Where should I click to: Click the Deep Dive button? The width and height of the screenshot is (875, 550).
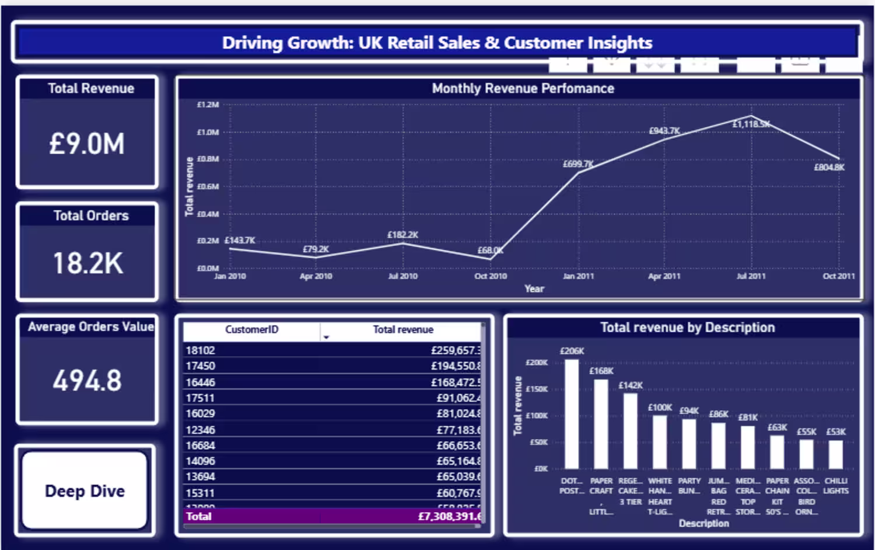85,491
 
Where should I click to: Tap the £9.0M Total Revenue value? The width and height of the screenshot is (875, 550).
87,144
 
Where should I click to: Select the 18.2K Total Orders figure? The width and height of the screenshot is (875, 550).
88,263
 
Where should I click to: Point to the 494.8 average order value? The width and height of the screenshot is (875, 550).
87,381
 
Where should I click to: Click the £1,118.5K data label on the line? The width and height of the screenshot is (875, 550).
751,124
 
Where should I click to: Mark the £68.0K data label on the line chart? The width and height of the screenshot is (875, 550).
490,250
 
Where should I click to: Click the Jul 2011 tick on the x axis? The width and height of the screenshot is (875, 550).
751,276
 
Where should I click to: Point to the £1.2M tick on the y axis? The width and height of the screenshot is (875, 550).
208,105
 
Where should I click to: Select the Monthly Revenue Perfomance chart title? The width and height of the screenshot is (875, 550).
523,89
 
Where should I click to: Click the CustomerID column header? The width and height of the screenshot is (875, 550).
251,330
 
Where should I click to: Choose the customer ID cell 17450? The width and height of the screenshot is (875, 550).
200,366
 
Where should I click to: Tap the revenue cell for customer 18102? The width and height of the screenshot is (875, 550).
456,350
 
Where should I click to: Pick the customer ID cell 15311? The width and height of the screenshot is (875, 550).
200,493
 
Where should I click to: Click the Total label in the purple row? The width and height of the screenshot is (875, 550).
199,516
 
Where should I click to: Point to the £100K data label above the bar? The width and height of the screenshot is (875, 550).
660,408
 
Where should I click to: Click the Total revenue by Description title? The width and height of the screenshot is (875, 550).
687,328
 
